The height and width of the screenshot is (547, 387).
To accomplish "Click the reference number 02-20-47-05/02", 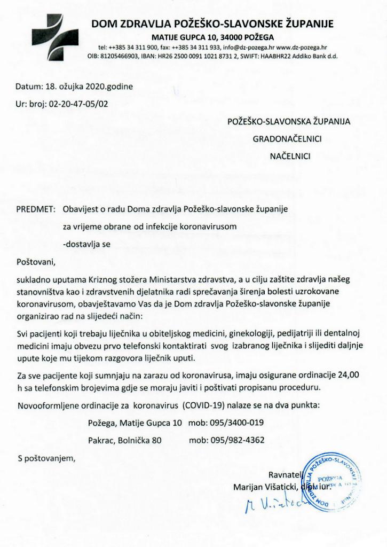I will coord(78,104).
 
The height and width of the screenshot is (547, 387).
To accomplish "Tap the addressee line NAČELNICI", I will coord(290,157).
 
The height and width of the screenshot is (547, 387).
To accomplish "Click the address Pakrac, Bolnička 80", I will coord(124,441).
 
